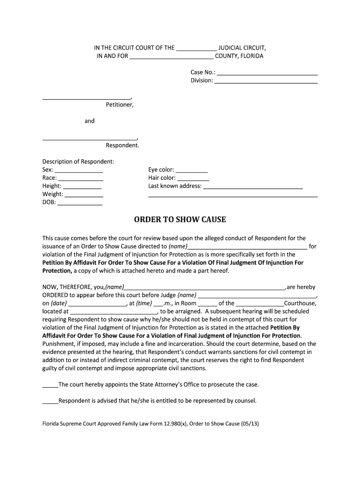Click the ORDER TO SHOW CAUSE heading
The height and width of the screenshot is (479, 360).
coord(180,219)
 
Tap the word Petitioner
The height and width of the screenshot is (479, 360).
coord(120,105)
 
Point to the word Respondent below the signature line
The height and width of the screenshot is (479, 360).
coord(122,145)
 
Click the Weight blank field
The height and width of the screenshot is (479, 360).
coord(83,196)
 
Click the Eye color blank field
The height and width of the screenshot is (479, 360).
coord(192,172)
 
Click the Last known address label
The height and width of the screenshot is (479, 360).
coord(175,186)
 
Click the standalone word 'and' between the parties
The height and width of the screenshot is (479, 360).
coord(89,121)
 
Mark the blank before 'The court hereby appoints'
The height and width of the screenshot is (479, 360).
coord(50,386)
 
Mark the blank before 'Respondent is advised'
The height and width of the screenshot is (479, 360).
coord(50,402)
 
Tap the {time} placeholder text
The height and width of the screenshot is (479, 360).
coord(144,303)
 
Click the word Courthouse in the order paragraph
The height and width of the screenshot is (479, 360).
coord(300,303)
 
